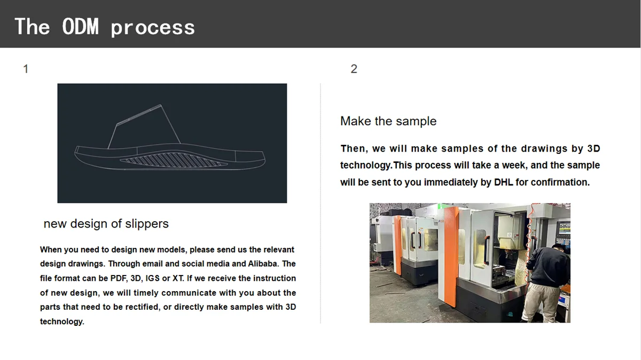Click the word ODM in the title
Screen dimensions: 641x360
click(80, 26)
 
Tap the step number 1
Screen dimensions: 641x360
click(26, 69)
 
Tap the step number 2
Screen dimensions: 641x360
click(354, 69)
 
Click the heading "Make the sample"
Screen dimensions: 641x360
click(388, 121)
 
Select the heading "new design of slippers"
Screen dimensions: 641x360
click(106, 223)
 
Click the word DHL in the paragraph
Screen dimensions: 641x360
click(503, 182)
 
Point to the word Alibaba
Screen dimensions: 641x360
click(263, 263)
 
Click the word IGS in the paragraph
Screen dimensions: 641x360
click(153, 278)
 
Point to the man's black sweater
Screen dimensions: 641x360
click(548, 266)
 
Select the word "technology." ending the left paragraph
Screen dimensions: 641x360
click(62, 322)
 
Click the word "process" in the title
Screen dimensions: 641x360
click(153, 29)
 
